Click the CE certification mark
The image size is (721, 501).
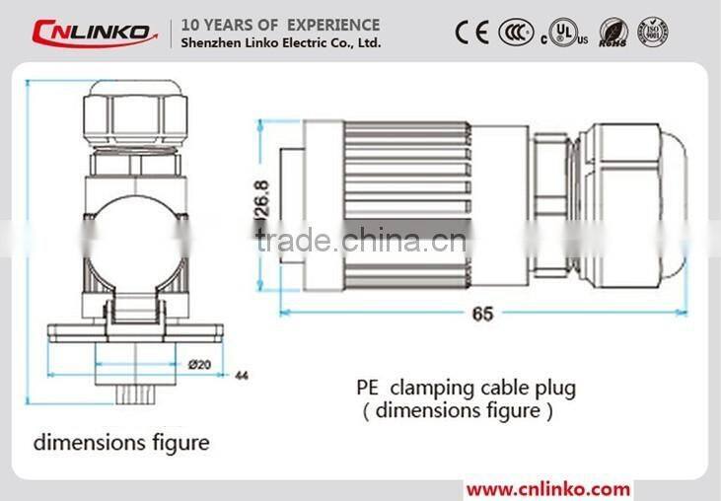[x=471, y=33]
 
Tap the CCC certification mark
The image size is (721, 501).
[x=515, y=33]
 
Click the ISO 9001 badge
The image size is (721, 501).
[x=654, y=33]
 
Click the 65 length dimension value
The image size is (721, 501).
[x=482, y=314]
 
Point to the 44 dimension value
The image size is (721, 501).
[x=241, y=376]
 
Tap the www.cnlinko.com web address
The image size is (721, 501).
[x=547, y=488]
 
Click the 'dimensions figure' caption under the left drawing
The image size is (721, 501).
[x=121, y=442]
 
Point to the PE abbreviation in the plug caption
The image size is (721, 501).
[x=369, y=388]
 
